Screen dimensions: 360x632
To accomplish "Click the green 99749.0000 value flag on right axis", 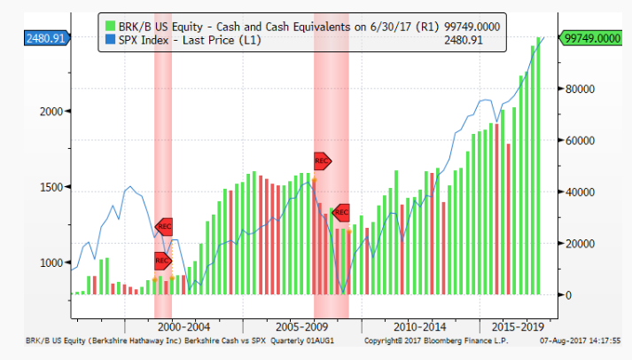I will pos(591,38).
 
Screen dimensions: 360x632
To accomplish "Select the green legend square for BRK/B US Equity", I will pos(109,26).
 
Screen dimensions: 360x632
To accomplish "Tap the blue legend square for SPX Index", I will pos(109,40).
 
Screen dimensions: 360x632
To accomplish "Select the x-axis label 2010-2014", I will pos(420,326).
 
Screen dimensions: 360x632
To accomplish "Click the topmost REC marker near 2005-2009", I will pos(322,160).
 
